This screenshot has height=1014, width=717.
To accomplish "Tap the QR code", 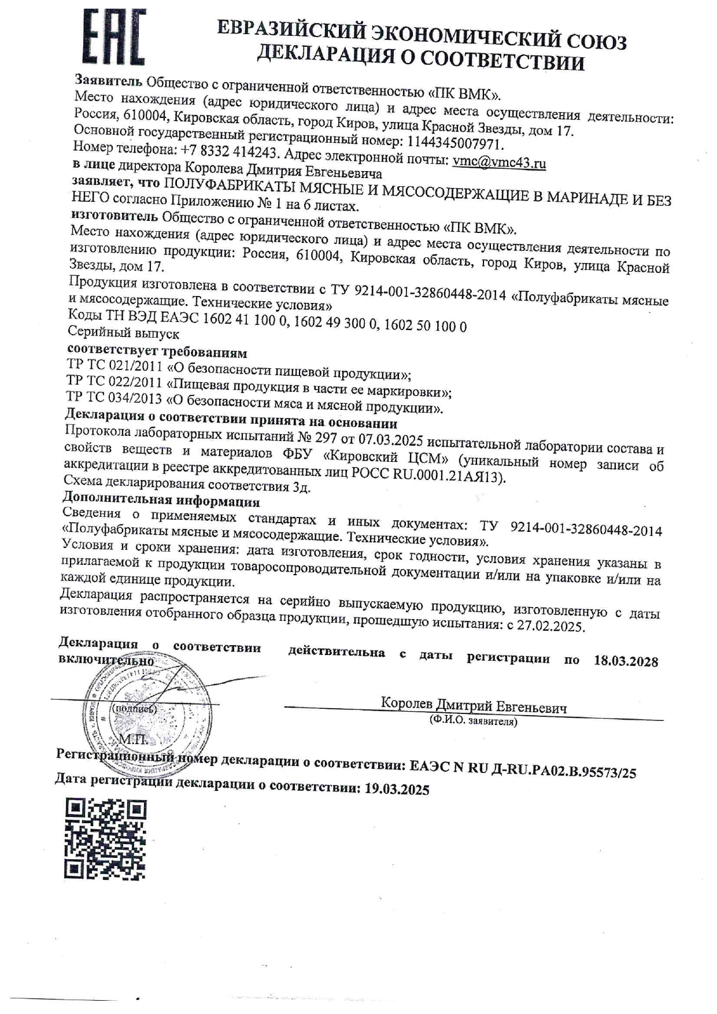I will point(105,839).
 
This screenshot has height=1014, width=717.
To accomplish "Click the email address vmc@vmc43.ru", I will point(499,162).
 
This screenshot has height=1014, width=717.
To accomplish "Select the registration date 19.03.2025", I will point(397,789).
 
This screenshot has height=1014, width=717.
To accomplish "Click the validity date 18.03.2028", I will point(626,661).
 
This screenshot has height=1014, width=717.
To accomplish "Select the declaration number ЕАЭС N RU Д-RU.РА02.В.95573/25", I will point(523,769).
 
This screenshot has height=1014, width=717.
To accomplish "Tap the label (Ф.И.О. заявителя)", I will point(473,721).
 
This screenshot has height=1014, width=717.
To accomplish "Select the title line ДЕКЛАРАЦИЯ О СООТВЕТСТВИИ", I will point(420,58).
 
